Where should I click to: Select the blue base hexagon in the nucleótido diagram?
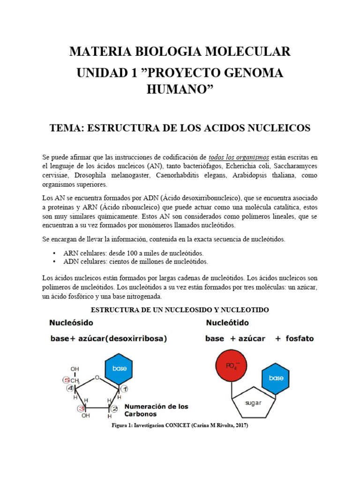276,378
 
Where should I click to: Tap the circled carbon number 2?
114,408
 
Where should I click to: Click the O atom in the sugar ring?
96,377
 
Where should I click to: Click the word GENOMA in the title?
253,74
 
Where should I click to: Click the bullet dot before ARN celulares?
56,253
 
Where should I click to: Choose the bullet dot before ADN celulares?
56,262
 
